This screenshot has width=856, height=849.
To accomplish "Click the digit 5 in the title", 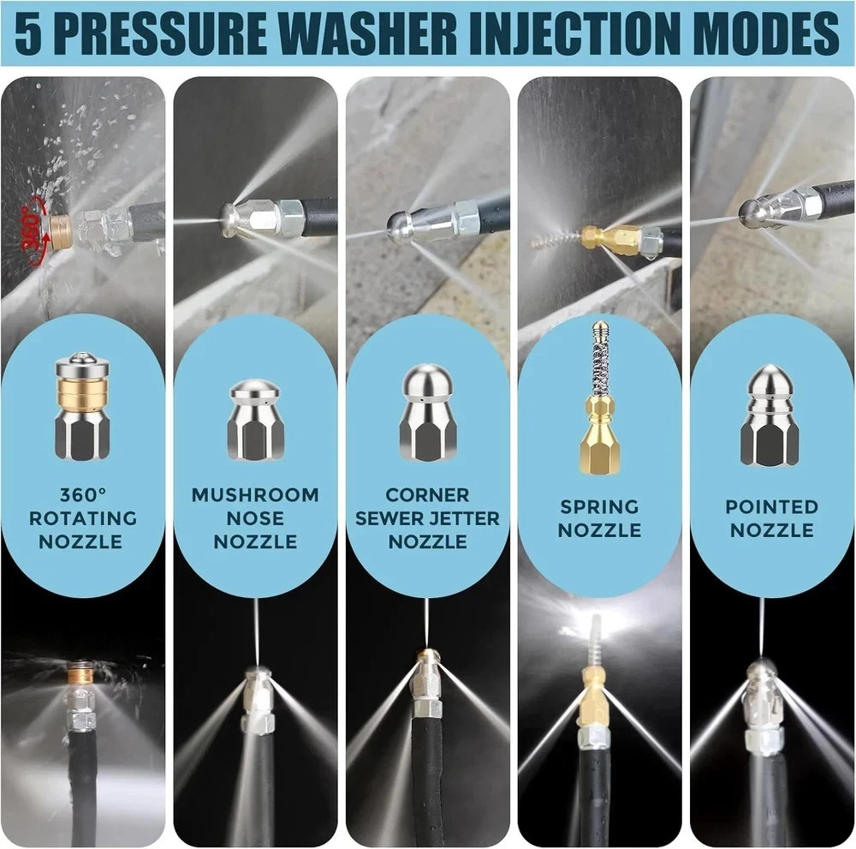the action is (x=28, y=33).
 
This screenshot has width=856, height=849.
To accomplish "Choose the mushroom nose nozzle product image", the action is (x=255, y=420).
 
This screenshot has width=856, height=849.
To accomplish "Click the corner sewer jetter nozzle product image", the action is (x=427, y=412).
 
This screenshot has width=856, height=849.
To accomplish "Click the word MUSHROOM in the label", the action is (x=255, y=495).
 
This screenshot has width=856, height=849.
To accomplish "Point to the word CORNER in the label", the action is (x=427, y=495).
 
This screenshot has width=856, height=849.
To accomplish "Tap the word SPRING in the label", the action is (x=599, y=507).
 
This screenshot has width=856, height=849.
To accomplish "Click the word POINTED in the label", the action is (x=771, y=507).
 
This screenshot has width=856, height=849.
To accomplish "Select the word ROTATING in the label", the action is (x=83, y=518).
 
